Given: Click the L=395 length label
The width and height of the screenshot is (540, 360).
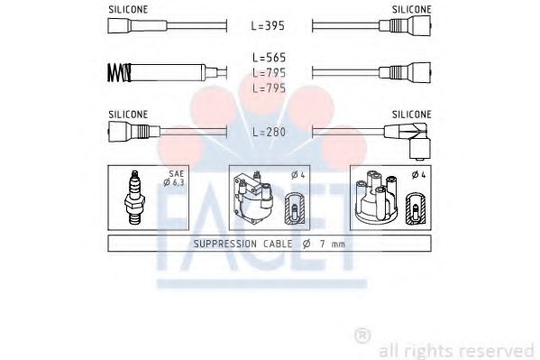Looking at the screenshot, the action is (268, 25).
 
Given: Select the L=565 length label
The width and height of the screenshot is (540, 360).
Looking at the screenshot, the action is (269, 57).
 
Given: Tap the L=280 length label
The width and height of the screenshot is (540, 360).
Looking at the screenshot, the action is (269, 132).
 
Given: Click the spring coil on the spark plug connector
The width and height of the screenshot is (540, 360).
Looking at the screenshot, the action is (119, 73).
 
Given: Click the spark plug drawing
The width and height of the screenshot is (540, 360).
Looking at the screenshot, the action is (134, 198).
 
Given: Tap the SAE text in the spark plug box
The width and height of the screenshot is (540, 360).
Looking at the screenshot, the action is (177, 174).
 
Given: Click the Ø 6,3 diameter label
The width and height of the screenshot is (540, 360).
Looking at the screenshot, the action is (174, 183).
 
